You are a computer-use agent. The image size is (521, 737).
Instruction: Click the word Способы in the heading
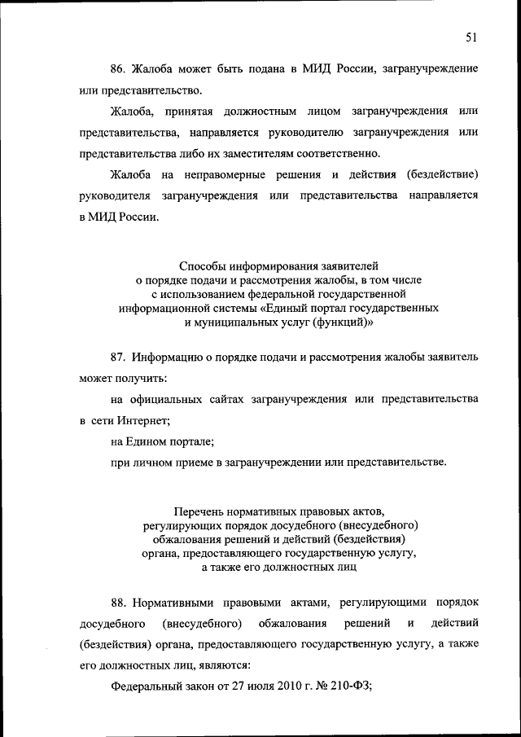(x=199, y=265)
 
